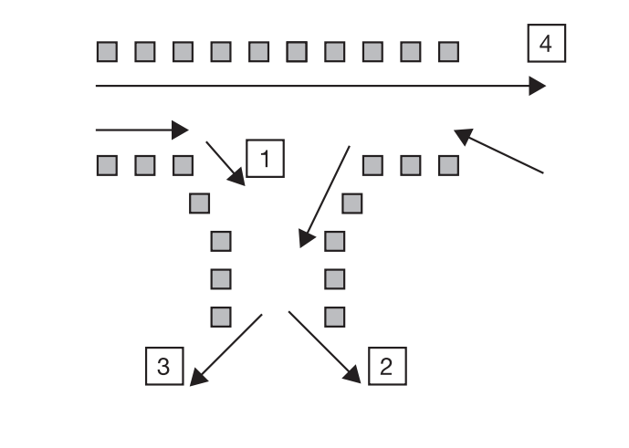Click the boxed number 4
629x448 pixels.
click(x=546, y=43)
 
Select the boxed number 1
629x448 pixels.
click(x=265, y=159)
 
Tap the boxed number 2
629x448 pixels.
click(x=387, y=366)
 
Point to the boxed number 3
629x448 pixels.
click(x=164, y=366)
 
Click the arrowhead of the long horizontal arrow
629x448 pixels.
click(x=537, y=86)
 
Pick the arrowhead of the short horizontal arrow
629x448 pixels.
click(x=180, y=130)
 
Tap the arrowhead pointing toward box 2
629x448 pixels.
click(x=352, y=375)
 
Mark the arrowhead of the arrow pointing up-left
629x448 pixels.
click(x=463, y=136)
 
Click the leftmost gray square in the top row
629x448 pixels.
click(x=107, y=52)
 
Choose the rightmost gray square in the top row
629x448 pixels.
click(x=448, y=52)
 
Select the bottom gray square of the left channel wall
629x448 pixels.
click(x=221, y=317)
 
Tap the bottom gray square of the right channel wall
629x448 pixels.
click(x=334, y=317)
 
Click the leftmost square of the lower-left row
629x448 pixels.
click(x=107, y=166)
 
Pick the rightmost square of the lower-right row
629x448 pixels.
click(x=448, y=166)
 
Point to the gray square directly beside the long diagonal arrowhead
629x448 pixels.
click(x=334, y=241)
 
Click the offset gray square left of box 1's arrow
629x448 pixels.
click(x=199, y=203)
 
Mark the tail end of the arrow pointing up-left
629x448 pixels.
click(x=543, y=173)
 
